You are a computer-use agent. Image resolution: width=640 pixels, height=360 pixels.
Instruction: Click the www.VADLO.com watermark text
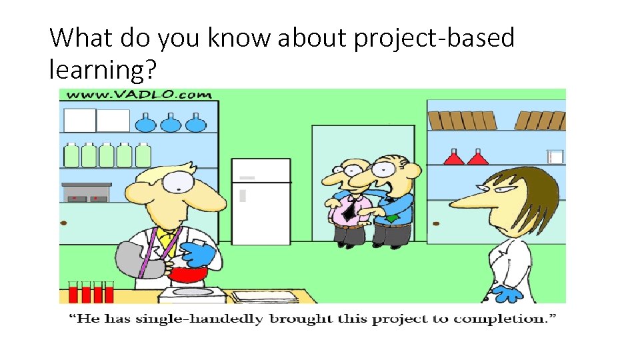click(139, 95)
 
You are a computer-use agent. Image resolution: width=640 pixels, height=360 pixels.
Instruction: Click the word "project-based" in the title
click(434, 39)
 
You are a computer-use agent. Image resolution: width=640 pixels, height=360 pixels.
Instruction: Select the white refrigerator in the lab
click(261, 201)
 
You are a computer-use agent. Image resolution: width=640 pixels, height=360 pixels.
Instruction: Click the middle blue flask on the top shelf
click(171, 123)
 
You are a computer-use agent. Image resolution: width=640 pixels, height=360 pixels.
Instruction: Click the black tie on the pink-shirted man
click(348, 209)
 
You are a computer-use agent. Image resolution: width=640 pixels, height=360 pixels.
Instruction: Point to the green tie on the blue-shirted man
click(394, 217)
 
